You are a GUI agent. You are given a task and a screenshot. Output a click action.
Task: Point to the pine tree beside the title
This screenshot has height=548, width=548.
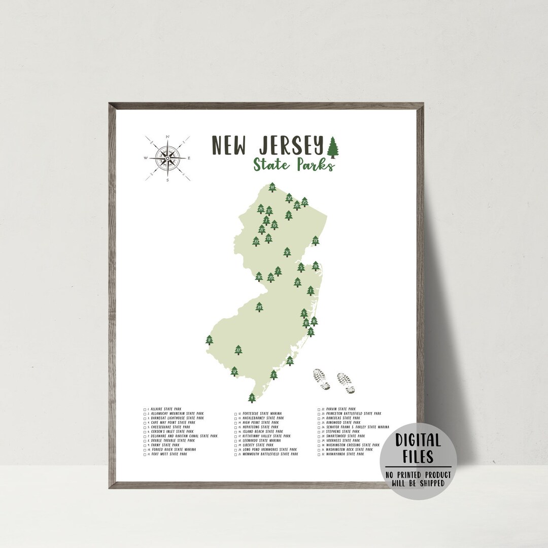click(x=333, y=147)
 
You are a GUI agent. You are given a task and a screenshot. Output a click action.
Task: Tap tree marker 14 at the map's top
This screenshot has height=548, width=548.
click(x=272, y=188)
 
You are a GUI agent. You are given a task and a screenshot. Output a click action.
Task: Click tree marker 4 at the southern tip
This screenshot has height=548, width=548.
click(x=252, y=397)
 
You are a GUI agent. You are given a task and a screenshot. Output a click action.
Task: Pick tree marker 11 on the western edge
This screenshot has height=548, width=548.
click(x=209, y=340)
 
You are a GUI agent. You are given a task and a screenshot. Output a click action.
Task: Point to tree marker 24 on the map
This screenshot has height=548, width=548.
click(x=259, y=306)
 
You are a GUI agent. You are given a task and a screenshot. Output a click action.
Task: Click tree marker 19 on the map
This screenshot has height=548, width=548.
click(x=315, y=241)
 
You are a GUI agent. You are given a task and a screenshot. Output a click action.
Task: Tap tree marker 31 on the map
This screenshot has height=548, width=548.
click(x=287, y=252)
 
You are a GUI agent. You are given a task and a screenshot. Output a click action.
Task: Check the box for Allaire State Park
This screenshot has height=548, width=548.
click(x=145, y=408)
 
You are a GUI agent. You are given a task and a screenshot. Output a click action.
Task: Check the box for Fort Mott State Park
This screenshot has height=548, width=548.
click(x=145, y=454)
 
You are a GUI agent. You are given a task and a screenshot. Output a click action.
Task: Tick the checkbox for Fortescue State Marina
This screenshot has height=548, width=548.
click(x=235, y=414)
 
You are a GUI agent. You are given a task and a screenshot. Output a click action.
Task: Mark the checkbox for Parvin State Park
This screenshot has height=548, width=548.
click(x=318, y=409)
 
